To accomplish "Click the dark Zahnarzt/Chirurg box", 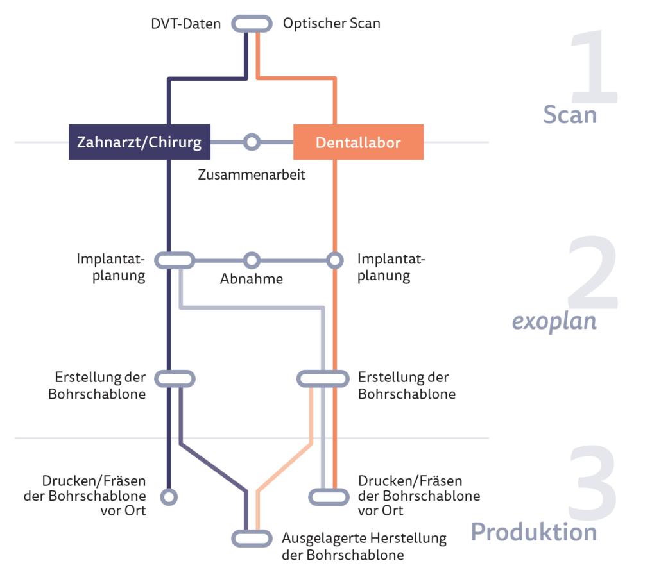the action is pos(139,142).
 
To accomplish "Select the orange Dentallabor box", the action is pos(359,142).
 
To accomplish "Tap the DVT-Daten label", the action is pos(186,24).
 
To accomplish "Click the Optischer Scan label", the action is pos(331,23).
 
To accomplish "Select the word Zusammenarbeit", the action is pos(252,174).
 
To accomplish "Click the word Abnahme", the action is pos(252,279).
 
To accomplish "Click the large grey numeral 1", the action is pos(595,67).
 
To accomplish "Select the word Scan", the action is pos(570,115).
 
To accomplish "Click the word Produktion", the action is pos(534,531).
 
